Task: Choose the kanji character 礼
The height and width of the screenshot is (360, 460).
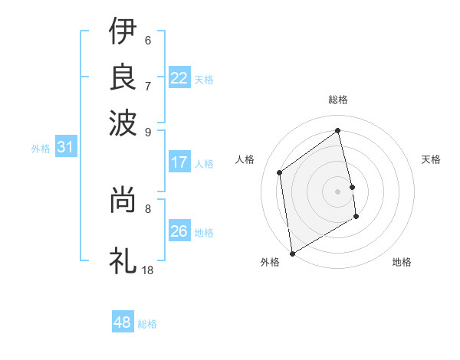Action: click(123, 260)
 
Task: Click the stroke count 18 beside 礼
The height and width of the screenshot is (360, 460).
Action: click(148, 270)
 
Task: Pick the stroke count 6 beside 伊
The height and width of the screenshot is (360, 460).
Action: click(147, 41)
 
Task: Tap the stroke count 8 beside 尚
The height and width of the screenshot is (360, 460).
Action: click(147, 208)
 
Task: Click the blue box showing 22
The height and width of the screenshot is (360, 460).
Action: click(179, 78)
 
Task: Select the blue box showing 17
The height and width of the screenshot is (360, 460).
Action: click(179, 162)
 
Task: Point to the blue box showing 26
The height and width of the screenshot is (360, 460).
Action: click(179, 231)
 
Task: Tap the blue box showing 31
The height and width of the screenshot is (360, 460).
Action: click(64, 148)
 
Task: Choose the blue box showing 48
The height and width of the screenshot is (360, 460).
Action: click(123, 322)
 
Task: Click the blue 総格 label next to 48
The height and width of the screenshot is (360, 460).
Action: click(147, 324)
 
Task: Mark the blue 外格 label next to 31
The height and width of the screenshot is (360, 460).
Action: click(41, 149)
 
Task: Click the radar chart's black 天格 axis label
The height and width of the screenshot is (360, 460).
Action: click(431, 159)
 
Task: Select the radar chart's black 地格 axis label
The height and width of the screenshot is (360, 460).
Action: click(402, 262)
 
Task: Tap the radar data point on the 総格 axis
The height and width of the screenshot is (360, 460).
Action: click(338, 131)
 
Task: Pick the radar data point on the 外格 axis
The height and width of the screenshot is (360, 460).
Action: click(292, 253)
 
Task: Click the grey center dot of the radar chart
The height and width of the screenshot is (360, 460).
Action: click(338, 191)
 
